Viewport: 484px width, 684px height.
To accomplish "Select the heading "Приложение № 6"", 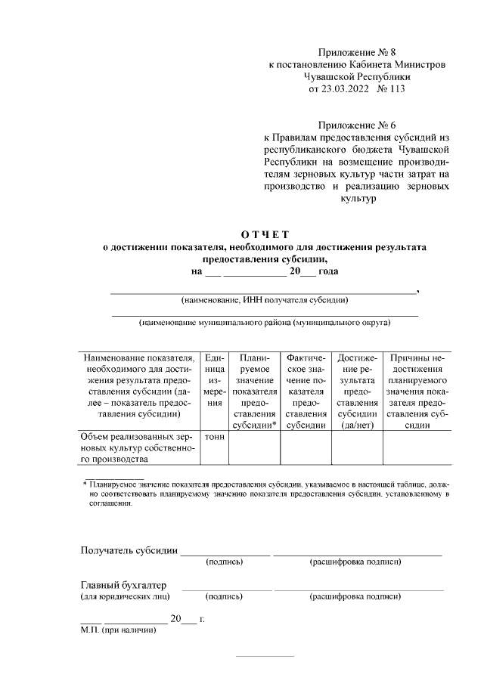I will [357, 124].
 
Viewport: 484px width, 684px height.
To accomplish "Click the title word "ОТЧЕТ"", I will [265, 234].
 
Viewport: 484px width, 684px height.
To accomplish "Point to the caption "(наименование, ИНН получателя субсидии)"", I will [265, 301].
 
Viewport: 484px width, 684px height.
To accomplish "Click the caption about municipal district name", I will [265, 323].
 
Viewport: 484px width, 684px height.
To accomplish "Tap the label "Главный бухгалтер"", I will [123, 586].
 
